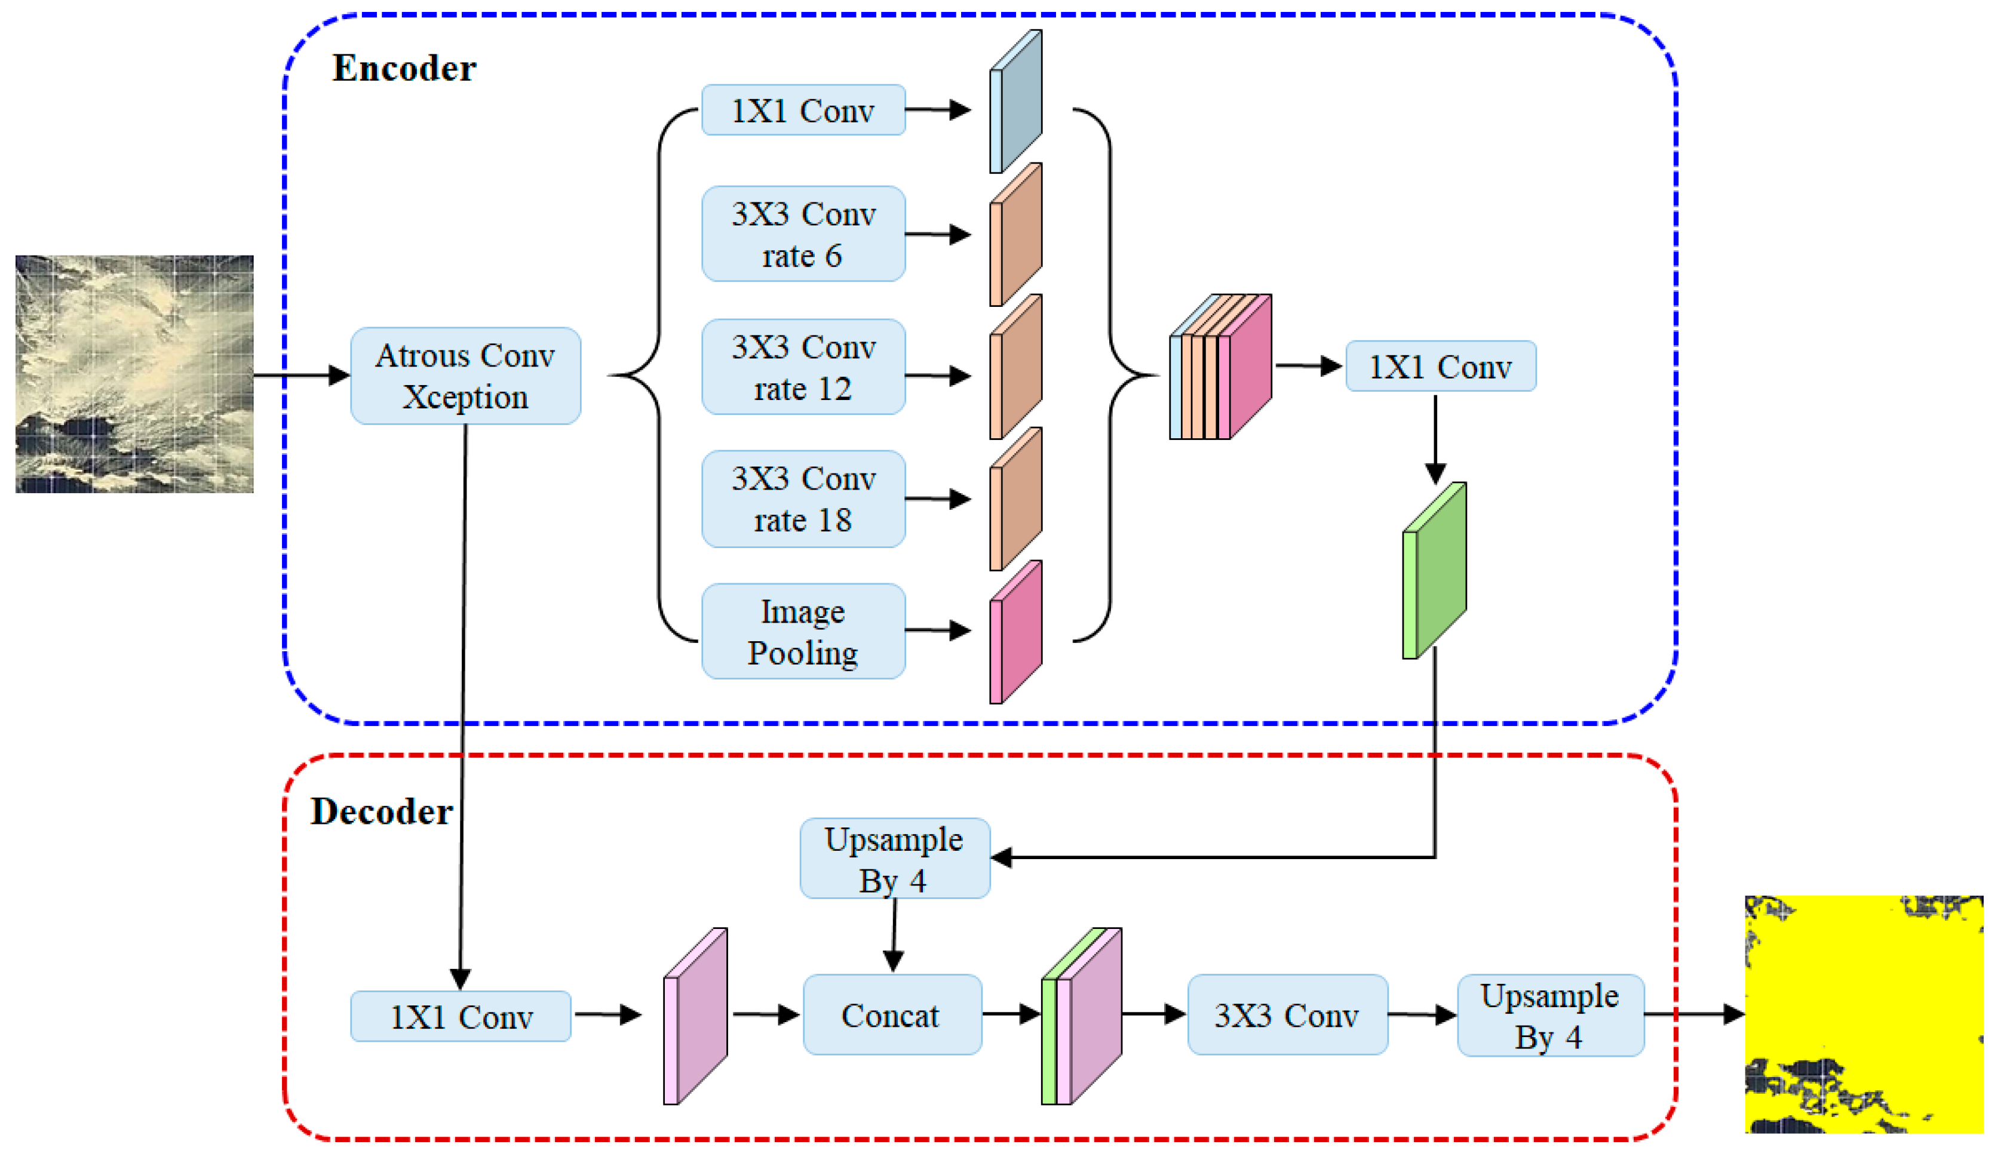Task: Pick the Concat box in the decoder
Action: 891,1014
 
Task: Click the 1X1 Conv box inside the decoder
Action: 461,1016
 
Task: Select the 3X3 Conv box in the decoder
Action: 1287,1014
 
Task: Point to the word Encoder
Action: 404,69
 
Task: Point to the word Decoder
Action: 381,811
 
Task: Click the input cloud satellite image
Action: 134,374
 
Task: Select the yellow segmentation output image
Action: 1863,1014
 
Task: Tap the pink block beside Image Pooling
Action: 1015,632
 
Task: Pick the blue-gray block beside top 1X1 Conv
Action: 1015,101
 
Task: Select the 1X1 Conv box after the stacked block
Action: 1440,367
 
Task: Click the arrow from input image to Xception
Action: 300,374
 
